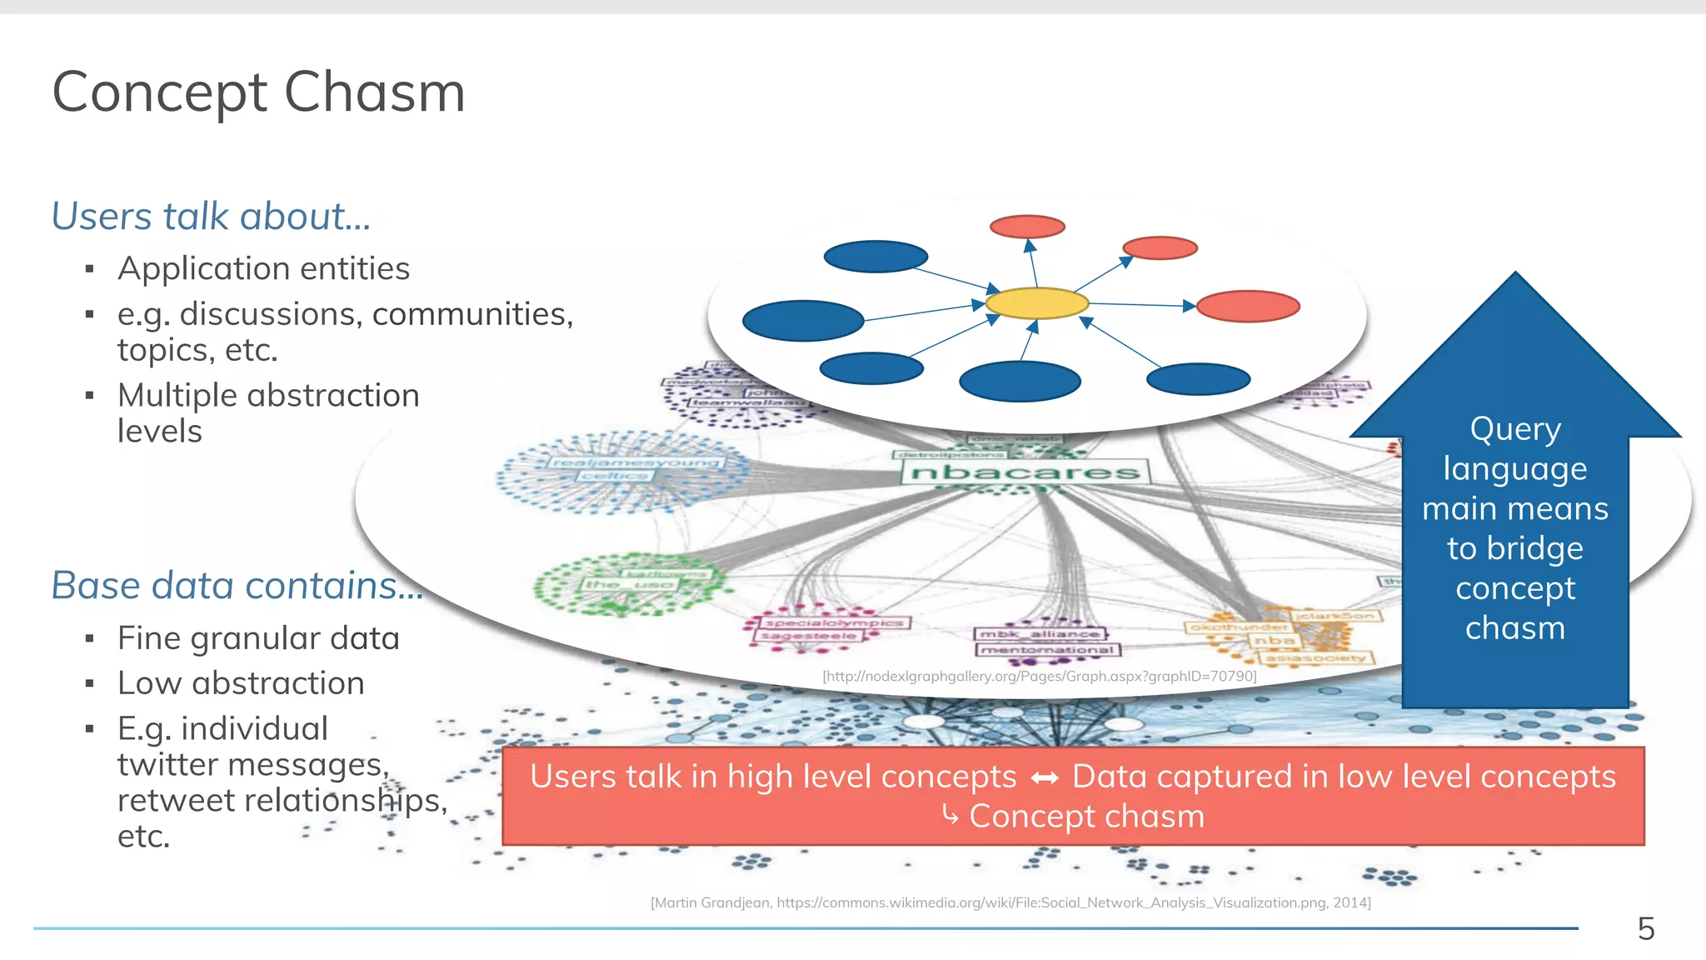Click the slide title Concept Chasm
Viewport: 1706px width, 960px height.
tap(258, 92)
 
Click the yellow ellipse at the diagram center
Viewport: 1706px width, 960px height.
tap(1036, 303)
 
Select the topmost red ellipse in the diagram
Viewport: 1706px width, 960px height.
tap(1027, 227)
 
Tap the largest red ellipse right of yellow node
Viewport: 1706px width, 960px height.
tap(1247, 306)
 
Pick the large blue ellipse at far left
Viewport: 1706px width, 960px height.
tap(802, 321)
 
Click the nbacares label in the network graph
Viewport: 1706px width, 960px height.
tap(1025, 472)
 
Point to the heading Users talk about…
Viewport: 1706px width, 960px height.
tap(211, 216)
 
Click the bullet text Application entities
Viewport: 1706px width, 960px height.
tap(263, 268)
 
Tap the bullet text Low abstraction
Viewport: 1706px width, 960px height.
tap(241, 683)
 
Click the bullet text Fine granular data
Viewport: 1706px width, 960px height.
tap(258, 638)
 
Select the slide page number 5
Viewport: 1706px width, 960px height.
tap(1645, 928)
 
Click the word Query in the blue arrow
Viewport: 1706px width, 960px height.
tap(1514, 429)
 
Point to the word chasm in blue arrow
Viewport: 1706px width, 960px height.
tap(1514, 627)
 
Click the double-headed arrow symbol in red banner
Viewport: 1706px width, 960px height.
tap(1045, 778)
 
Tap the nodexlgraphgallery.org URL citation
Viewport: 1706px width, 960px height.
tap(1039, 676)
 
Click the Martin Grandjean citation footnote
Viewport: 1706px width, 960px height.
tap(1010, 902)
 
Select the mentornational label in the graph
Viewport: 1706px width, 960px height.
tap(1048, 649)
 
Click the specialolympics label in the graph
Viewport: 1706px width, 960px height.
tap(834, 622)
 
